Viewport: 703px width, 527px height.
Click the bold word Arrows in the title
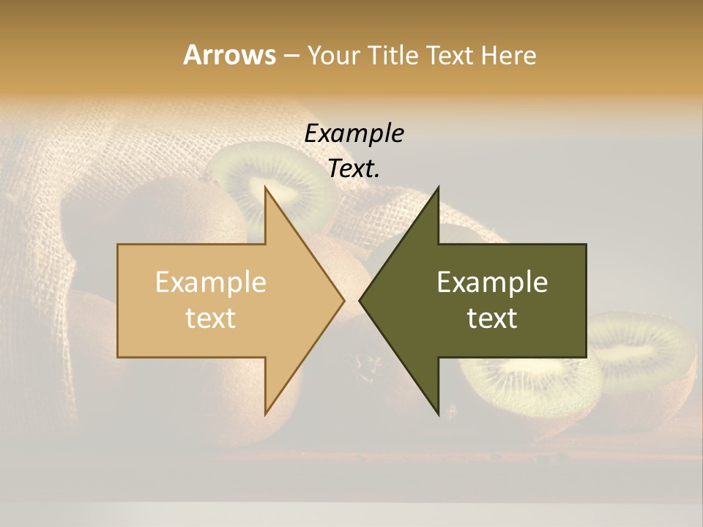coord(229,55)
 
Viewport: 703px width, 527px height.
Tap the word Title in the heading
coord(394,56)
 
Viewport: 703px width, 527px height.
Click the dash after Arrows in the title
coord(291,56)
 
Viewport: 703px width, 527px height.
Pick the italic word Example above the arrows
coord(354,134)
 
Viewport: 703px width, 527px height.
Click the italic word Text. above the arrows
coord(354,169)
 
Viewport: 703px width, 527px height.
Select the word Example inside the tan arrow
coord(210,282)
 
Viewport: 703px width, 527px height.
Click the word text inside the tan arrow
coord(210,318)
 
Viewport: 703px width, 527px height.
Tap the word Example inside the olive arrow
coord(492,282)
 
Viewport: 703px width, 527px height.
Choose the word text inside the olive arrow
coord(492,318)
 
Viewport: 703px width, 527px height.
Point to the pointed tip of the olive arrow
coord(360,300)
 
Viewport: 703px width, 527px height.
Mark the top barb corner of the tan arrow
coord(266,189)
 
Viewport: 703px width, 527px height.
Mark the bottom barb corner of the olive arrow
coord(438,414)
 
